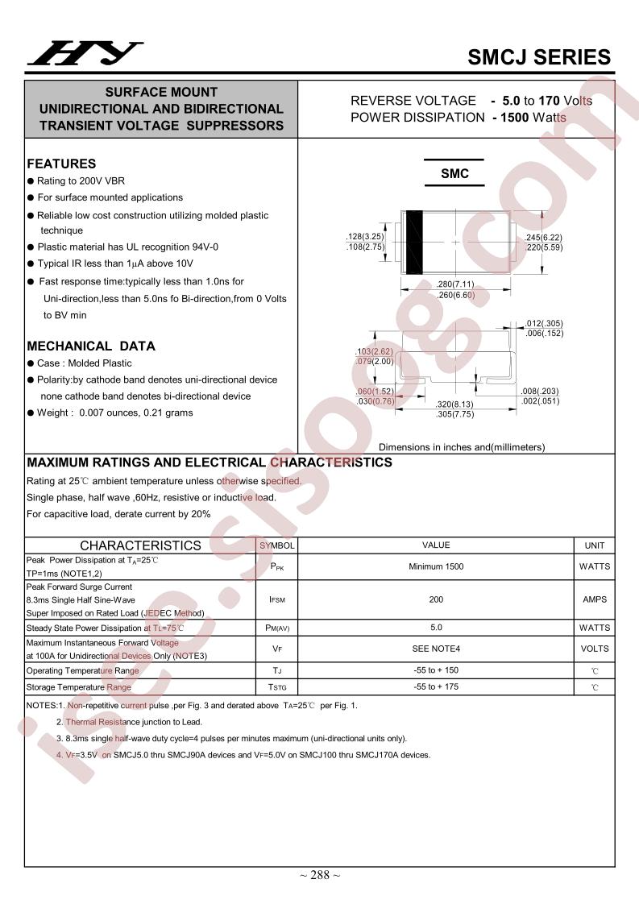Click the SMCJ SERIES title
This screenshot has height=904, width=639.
pyautogui.click(x=539, y=57)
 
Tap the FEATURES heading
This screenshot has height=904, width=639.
pyautogui.click(x=61, y=164)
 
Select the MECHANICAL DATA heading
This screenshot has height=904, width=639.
pyautogui.click(x=91, y=346)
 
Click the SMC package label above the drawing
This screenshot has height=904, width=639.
pyautogui.click(x=454, y=174)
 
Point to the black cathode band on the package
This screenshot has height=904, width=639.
pyautogui.click(x=414, y=242)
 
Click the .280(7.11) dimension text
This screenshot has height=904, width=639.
pyautogui.click(x=456, y=284)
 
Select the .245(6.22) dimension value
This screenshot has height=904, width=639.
pyautogui.click(x=543, y=237)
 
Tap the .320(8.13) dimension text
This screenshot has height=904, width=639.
pyautogui.click(x=454, y=404)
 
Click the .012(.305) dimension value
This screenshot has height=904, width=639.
pyautogui.click(x=544, y=323)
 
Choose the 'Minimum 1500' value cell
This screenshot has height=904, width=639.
pyautogui.click(x=436, y=566)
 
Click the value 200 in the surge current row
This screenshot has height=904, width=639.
pyautogui.click(x=436, y=599)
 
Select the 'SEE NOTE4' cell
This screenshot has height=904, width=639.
pyautogui.click(x=436, y=649)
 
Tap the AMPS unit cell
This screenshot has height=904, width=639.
pyautogui.click(x=594, y=599)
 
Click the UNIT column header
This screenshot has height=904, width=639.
pyautogui.click(x=594, y=545)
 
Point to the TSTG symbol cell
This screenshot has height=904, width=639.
pyautogui.click(x=276, y=687)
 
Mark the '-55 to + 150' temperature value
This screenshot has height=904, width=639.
pyautogui.click(x=436, y=670)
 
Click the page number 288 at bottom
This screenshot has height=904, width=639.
pyautogui.click(x=320, y=876)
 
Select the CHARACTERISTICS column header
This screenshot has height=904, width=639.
pyautogui.click(x=140, y=545)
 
